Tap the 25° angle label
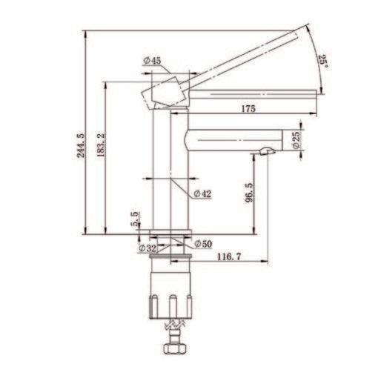coord(322,62)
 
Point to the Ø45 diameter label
coord(153,60)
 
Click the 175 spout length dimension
coord(248,109)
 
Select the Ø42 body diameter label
coord(202,193)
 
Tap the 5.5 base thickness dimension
coord(135,219)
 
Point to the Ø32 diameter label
coord(146,248)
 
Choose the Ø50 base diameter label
coord(202,243)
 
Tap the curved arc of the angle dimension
coord(314,59)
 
